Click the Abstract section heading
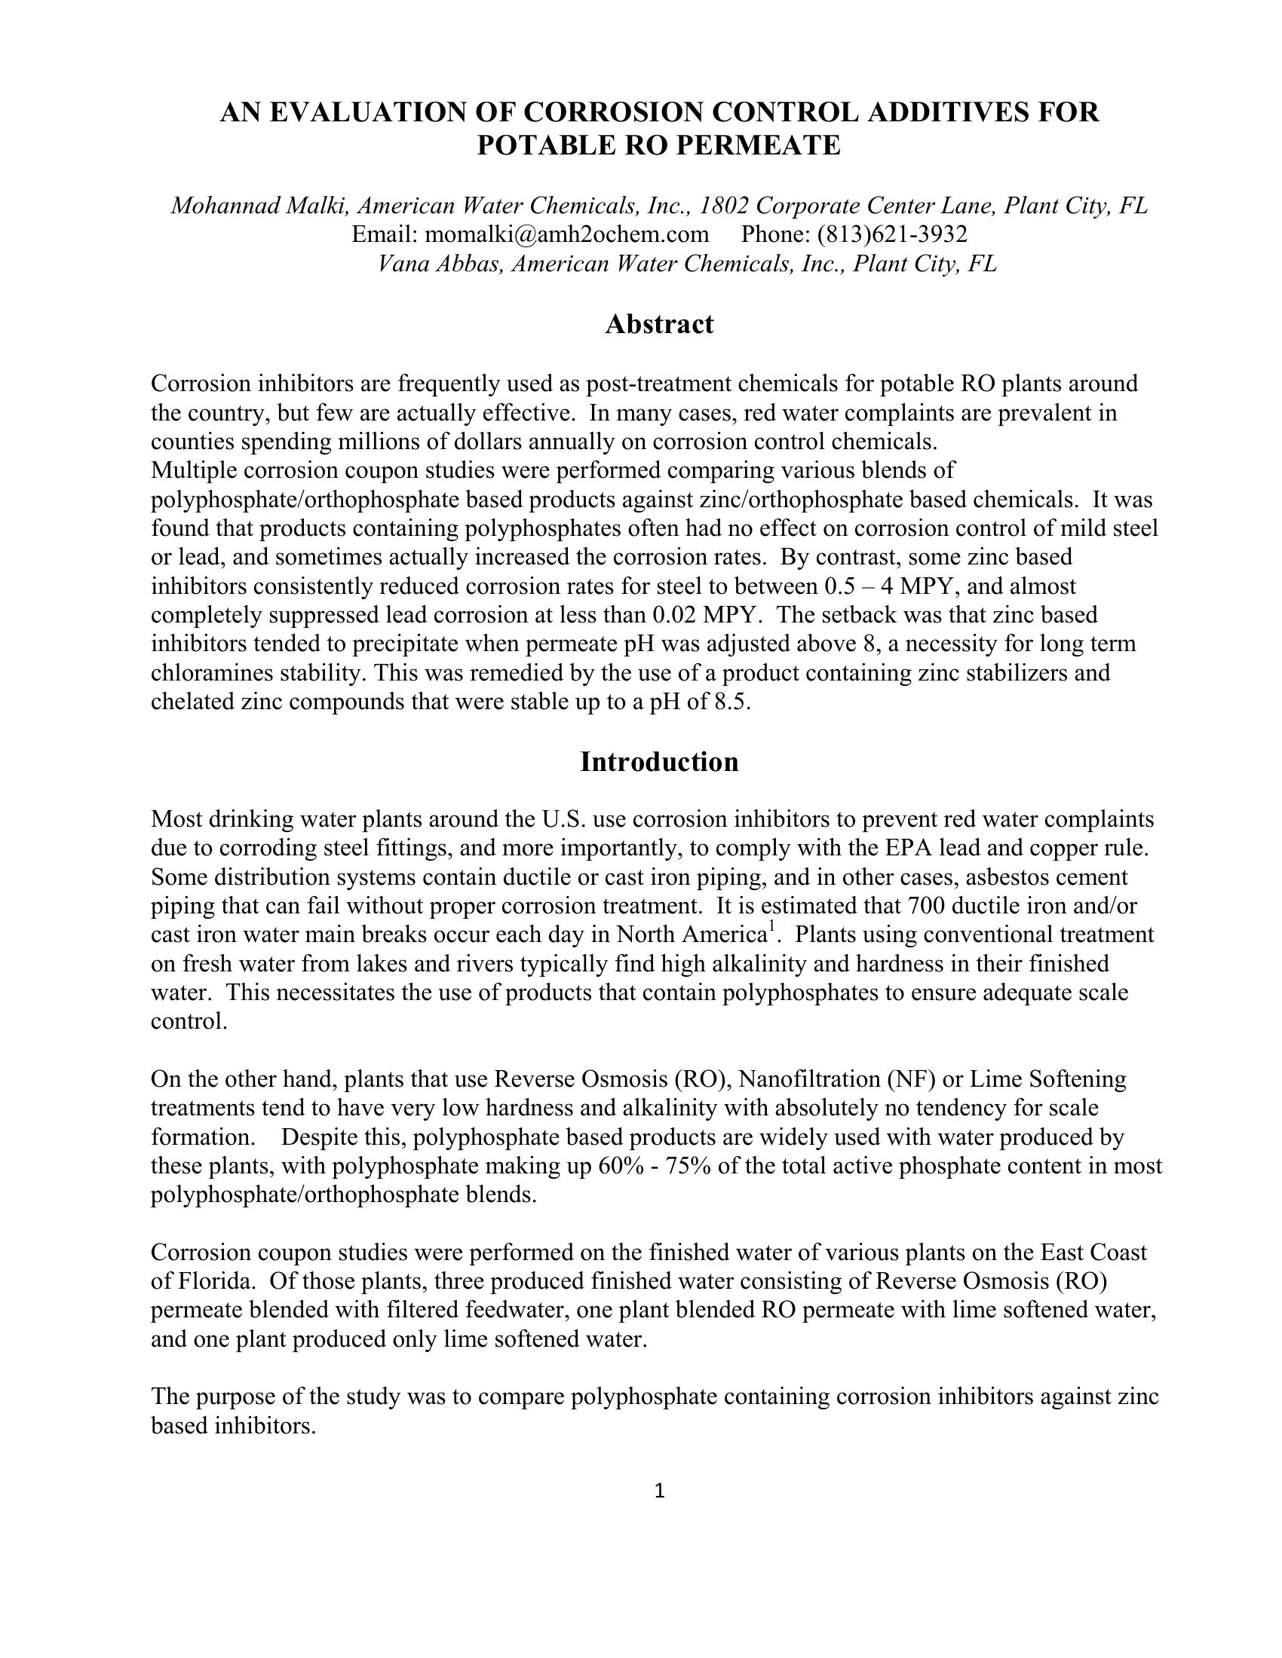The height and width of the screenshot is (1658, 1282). tap(658, 325)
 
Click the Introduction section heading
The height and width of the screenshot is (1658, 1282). tap(658, 762)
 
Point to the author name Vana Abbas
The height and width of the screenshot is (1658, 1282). tap(440, 264)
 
